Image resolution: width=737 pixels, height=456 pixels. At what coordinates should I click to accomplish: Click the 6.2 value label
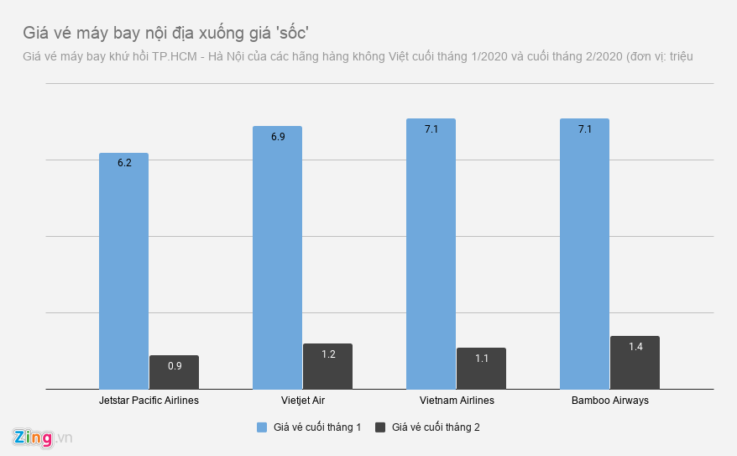point(124,163)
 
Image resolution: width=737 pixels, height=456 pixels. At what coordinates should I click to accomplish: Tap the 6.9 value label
point(278,136)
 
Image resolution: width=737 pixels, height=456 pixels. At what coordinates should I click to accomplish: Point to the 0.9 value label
point(175,365)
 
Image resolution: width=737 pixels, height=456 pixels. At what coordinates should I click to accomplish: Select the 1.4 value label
point(635,346)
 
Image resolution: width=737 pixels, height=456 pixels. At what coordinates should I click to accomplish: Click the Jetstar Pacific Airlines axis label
point(149,401)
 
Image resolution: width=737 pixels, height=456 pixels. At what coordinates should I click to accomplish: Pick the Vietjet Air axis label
point(301,401)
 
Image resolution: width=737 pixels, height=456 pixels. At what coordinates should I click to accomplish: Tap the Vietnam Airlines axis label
point(456,401)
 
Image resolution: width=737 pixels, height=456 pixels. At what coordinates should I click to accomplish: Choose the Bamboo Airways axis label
point(609,401)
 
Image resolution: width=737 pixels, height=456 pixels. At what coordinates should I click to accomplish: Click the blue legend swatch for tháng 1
point(262,427)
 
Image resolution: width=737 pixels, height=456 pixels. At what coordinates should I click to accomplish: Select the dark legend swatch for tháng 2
point(380,427)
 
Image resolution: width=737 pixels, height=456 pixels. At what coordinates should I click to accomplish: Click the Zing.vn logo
point(43,438)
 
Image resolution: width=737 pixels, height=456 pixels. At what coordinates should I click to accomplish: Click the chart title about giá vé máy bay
point(166,33)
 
